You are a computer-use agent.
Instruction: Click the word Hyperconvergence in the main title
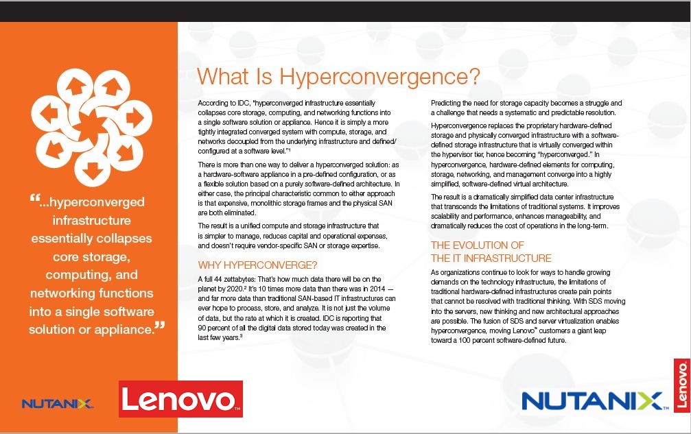tap(380, 75)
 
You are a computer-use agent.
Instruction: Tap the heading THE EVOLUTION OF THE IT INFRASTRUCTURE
tap(491, 252)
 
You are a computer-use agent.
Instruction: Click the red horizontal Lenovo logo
tap(180, 399)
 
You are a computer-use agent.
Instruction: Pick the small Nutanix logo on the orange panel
tap(57, 403)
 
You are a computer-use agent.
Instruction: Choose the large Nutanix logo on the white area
tap(592, 400)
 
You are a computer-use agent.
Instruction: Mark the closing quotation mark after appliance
tap(160, 326)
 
